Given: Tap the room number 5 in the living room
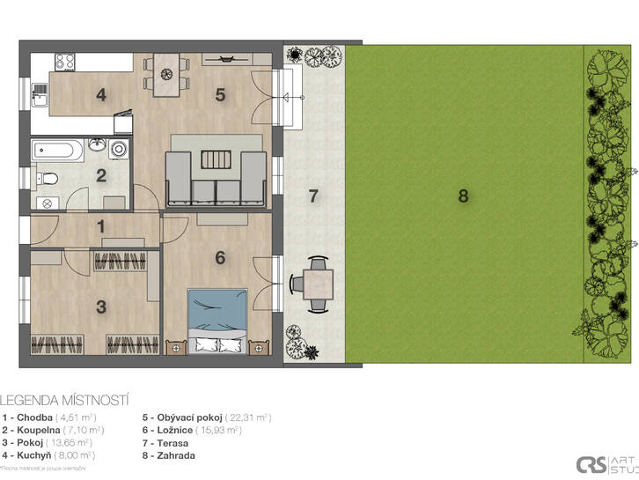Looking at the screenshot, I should coord(221,95).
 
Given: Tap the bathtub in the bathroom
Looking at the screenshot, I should coord(58,151).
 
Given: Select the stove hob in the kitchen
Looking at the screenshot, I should coord(66,62).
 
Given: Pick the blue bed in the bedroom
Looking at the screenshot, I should coord(216,316).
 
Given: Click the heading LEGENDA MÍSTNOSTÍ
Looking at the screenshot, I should coord(55,398).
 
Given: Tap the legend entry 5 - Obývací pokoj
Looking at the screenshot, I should coord(205,417).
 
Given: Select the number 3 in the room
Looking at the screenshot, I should coord(102,306).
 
